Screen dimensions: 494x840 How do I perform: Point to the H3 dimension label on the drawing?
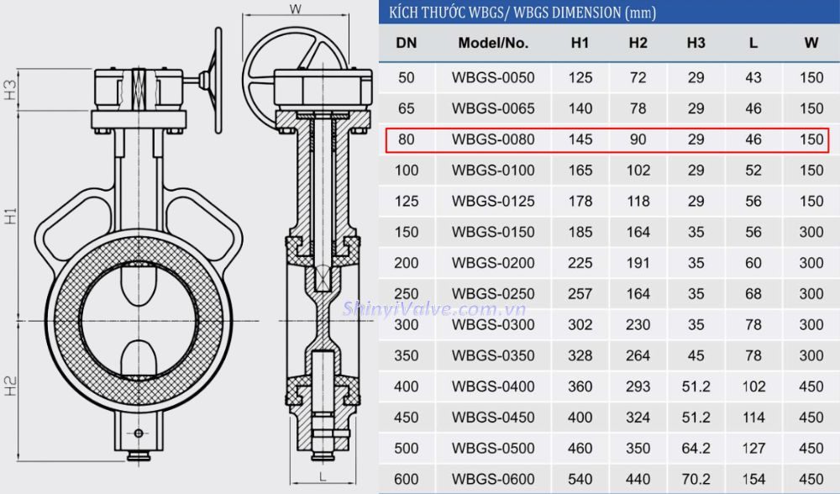click(11, 90)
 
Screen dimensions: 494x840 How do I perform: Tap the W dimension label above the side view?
click(295, 9)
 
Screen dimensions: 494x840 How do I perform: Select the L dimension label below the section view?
click(322, 476)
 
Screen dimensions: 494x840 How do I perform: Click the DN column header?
click(407, 43)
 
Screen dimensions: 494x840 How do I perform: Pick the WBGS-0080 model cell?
click(493, 139)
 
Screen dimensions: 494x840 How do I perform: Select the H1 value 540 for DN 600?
click(580, 479)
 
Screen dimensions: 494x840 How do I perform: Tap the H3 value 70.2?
click(696, 479)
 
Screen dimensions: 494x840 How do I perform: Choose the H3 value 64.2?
click(696, 448)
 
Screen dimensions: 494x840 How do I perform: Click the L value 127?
click(753, 448)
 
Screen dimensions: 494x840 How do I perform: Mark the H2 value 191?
click(638, 263)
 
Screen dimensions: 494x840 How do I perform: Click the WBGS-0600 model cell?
click(493, 479)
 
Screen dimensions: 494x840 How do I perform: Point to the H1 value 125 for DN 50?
click(580, 78)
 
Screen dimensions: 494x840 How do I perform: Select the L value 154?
click(753, 479)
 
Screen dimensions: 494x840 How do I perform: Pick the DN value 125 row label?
click(407, 202)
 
